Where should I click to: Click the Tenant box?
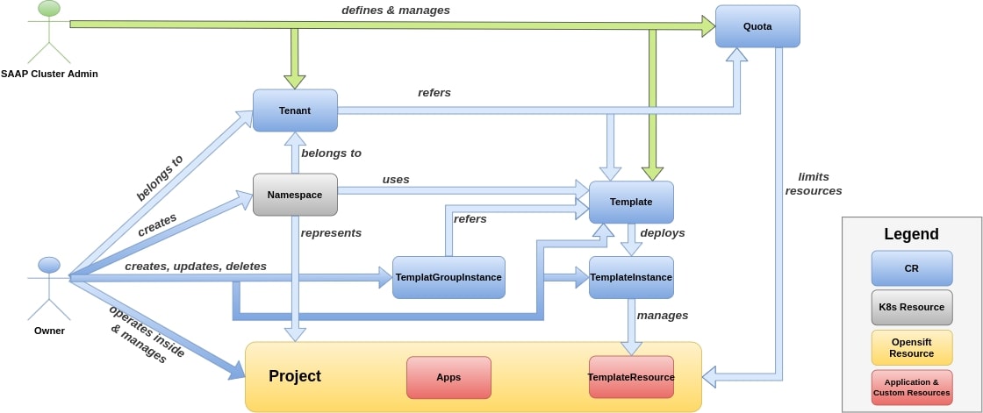pyautogui.click(x=295, y=110)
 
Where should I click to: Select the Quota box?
pyautogui.click(x=757, y=26)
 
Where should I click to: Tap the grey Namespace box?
pyautogui.click(x=295, y=195)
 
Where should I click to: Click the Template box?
pyautogui.click(x=631, y=202)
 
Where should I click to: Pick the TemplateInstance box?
pyautogui.click(x=631, y=277)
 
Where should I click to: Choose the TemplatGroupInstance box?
pyautogui.click(x=448, y=277)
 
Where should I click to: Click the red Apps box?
pyautogui.click(x=448, y=377)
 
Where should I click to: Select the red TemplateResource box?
pyautogui.click(x=631, y=377)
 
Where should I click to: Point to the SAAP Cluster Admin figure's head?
pyautogui.click(x=49, y=8)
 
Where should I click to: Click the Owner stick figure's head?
pyautogui.click(x=49, y=265)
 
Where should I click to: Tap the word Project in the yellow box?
pyautogui.click(x=295, y=376)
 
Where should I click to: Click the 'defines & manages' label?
pyautogui.click(x=396, y=10)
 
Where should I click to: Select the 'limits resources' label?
pyautogui.click(x=813, y=183)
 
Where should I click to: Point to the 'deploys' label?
pyautogui.click(x=663, y=232)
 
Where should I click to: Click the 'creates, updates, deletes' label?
pyautogui.click(x=196, y=267)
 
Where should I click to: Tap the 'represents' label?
pyautogui.click(x=331, y=233)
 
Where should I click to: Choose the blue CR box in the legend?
pyautogui.click(x=912, y=268)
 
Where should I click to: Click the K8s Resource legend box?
pyautogui.click(x=912, y=307)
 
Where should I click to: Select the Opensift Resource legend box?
pyautogui.click(x=912, y=348)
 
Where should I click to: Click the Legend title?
pyautogui.click(x=912, y=234)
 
